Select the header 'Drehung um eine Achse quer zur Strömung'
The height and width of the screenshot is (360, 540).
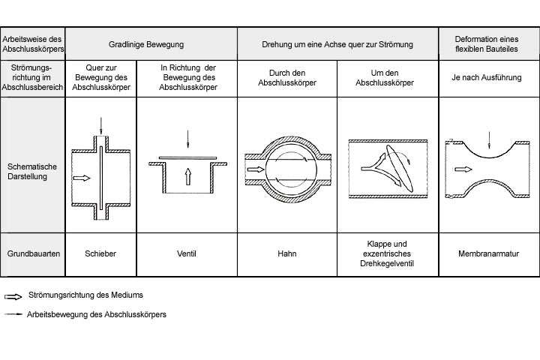[337, 44]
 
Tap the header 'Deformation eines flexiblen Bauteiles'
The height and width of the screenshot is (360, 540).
[488, 44]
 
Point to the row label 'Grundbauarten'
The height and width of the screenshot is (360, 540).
[33, 253]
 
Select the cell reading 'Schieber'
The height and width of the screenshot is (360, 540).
[101, 253]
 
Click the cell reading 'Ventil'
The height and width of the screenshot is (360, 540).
[187, 253]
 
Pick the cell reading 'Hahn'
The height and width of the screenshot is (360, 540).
[286, 253]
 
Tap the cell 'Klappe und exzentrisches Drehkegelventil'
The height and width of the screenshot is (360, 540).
[388, 253]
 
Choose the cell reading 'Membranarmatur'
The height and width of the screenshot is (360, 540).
[488, 253]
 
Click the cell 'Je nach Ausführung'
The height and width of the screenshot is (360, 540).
[488, 77]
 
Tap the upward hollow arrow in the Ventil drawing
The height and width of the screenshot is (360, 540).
[187, 177]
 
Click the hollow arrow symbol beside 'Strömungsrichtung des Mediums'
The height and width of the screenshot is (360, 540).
[13, 295]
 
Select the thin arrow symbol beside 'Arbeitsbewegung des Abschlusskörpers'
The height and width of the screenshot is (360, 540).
[13, 314]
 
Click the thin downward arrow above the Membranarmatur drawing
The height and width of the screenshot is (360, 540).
[489, 139]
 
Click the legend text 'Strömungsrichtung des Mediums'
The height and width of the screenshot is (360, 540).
[85, 295]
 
